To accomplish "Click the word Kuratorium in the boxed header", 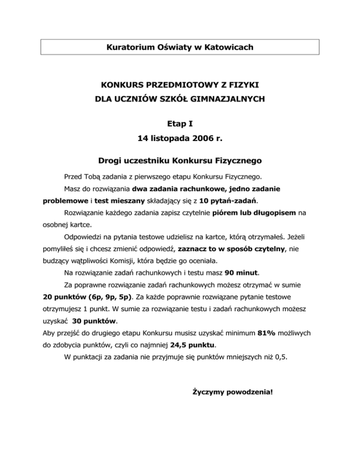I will [128, 47].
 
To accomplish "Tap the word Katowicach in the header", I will [229, 47].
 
